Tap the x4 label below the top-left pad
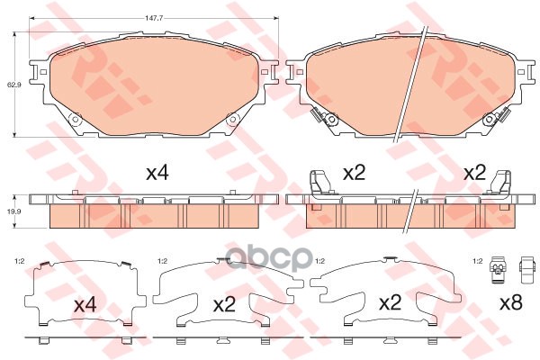tap(157, 173)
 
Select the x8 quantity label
tap(511, 302)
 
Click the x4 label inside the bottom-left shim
tap(85, 305)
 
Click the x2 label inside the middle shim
tap(224, 305)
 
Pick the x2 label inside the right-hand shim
tap(391, 302)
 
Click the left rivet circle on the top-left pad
tap(76, 120)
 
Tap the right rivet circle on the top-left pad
tap(233, 120)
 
